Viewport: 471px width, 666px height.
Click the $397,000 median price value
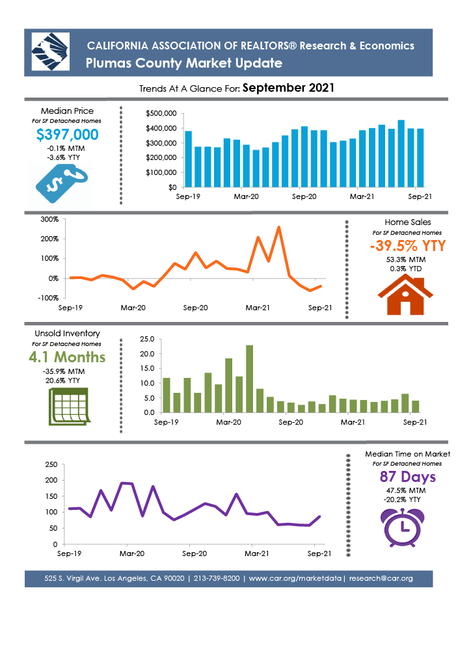(x=68, y=135)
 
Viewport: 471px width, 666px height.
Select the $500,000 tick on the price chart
(x=161, y=113)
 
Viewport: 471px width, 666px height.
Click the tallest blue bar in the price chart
(x=401, y=153)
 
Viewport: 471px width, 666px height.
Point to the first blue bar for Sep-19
(x=188, y=159)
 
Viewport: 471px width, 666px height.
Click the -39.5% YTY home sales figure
(x=408, y=246)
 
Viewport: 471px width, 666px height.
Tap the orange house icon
(x=405, y=295)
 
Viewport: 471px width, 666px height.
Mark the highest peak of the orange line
(x=278, y=227)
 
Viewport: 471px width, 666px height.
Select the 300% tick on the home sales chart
(x=49, y=220)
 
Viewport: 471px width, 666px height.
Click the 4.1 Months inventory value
(x=67, y=357)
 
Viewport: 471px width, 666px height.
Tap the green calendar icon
(x=69, y=406)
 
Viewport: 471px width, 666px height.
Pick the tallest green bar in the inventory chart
(x=249, y=379)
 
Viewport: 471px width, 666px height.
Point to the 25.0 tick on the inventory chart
(x=147, y=339)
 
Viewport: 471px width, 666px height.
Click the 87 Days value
(x=408, y=477)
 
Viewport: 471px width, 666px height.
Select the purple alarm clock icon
(x=402, y=527)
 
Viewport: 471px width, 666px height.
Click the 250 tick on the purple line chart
(x=51, y=464)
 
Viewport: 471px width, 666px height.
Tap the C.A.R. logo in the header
(x=51, y=52)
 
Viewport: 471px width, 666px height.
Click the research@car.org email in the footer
(x=381, y=578)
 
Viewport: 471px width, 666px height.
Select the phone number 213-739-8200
(x=217, y=578)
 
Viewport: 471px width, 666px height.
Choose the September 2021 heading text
(x=288, y=88)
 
